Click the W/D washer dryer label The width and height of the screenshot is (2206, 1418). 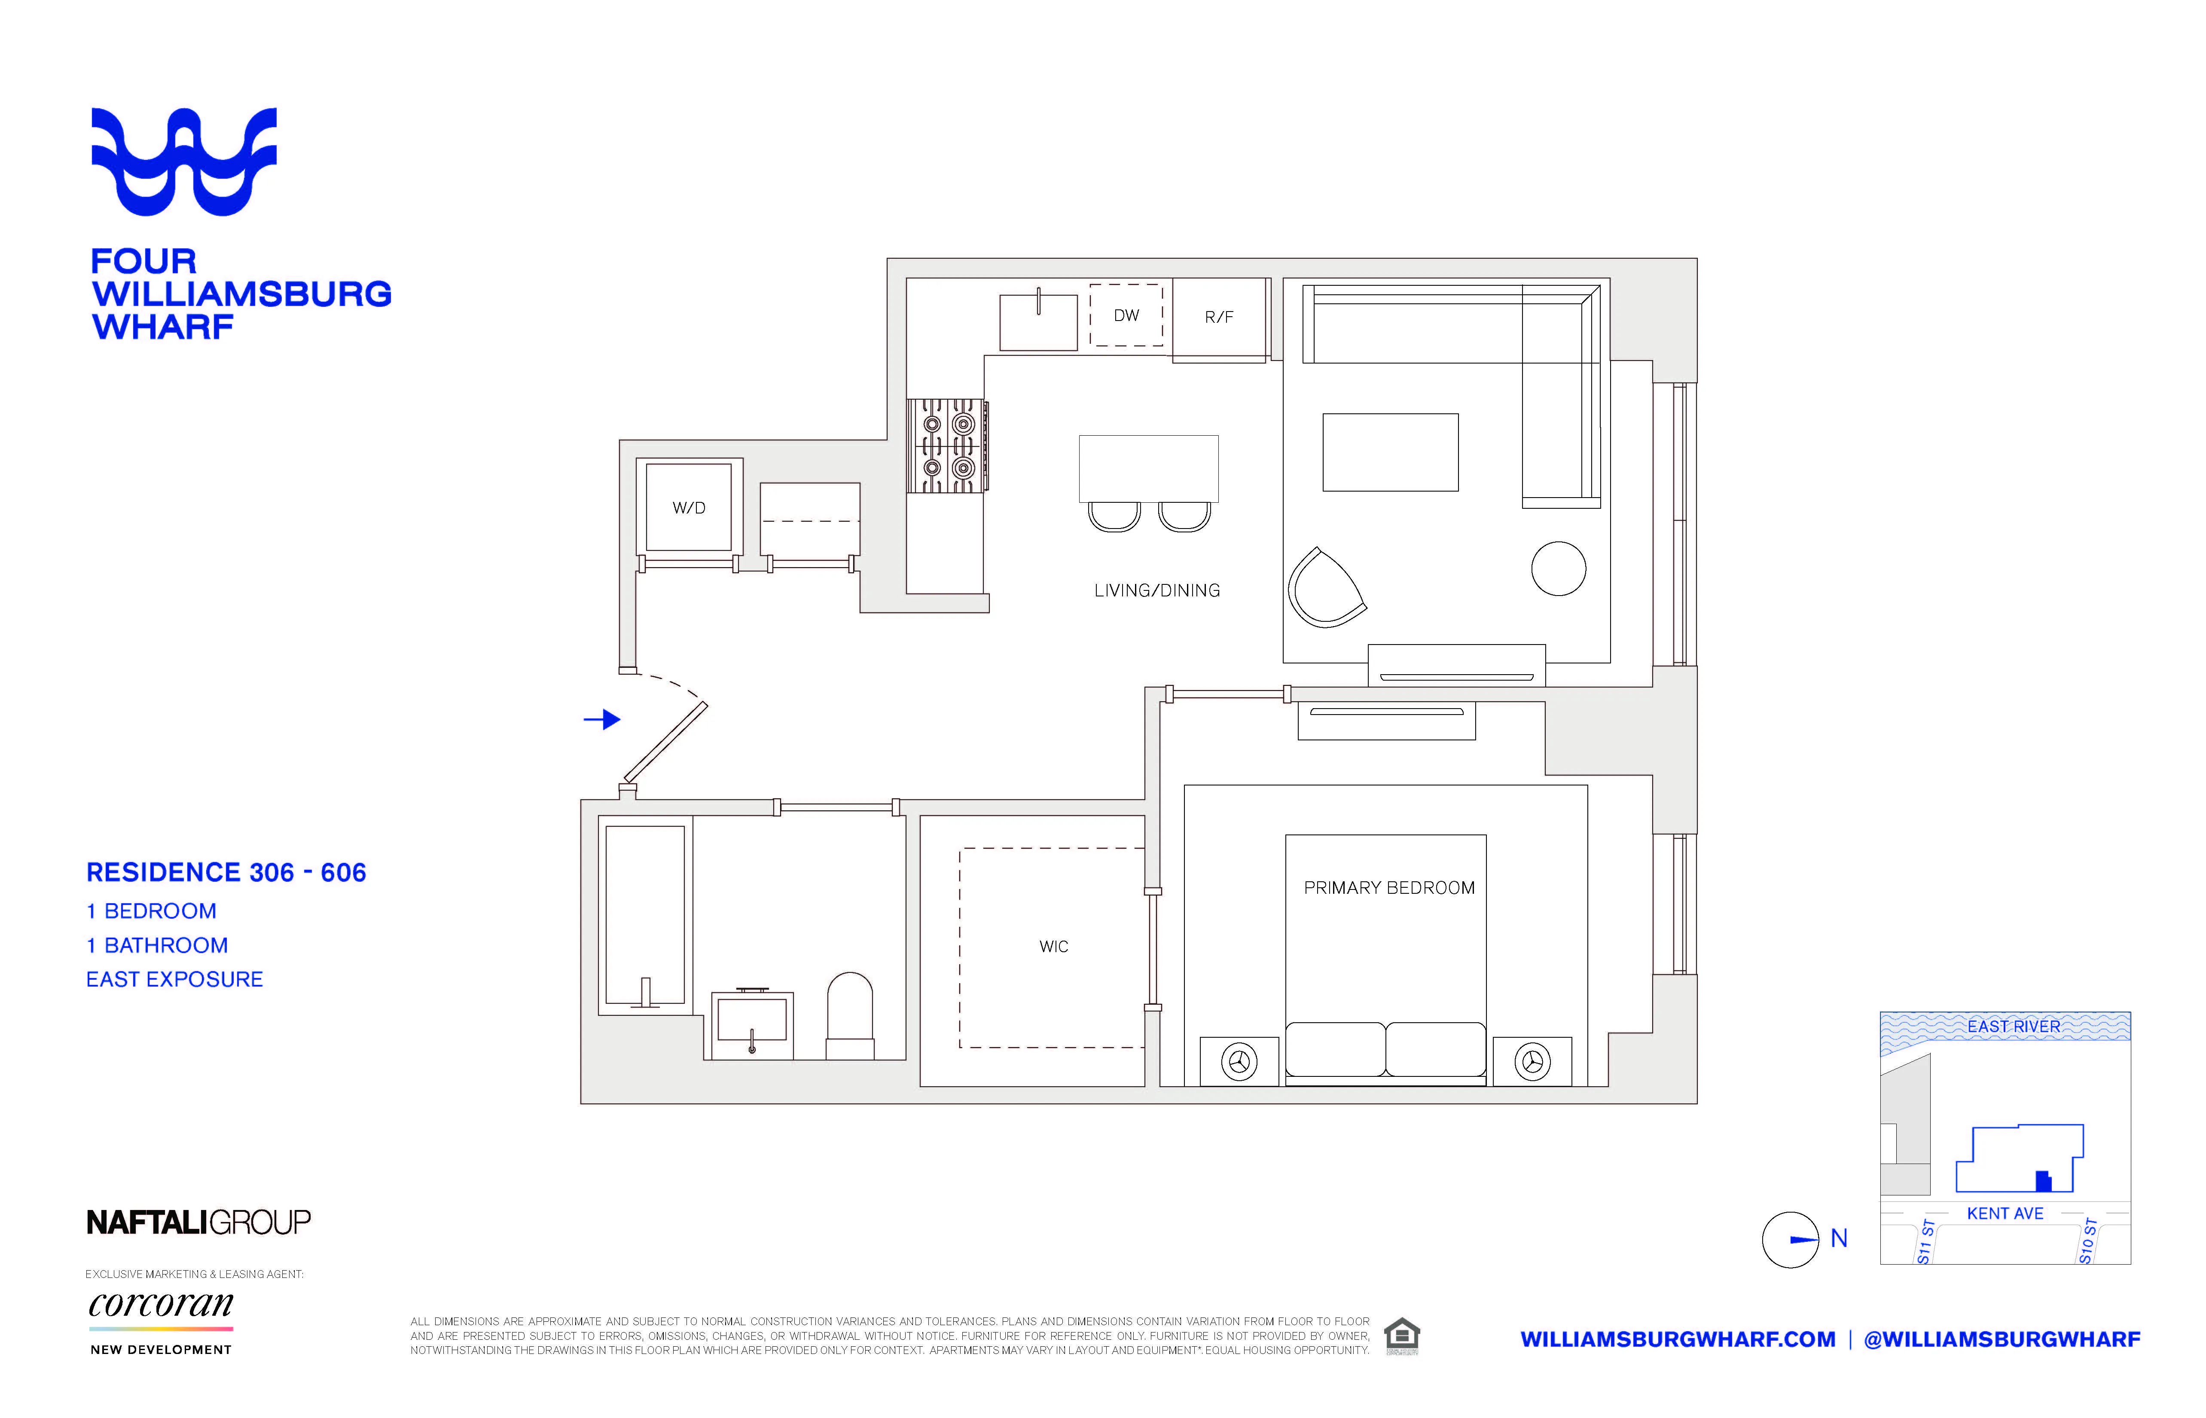coord(688,507)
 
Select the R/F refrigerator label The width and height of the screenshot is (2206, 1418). coord(1218,317)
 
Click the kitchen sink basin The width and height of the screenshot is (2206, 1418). coord(1038,322)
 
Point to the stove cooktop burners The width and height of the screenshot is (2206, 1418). coord(947,446)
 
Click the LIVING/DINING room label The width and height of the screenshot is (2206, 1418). coord(1157,590)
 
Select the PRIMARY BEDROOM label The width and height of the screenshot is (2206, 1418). coord(1389,888)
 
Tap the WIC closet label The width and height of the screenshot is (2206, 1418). coord(1054,947)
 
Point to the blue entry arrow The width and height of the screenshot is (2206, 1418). coord(603,719)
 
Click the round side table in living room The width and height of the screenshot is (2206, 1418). coord(1558,568)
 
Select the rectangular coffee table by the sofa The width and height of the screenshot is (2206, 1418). coord(1390,452)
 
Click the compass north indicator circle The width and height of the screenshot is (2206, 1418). coord(1790,1239)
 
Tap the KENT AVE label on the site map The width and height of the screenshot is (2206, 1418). coord(2005,1213)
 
